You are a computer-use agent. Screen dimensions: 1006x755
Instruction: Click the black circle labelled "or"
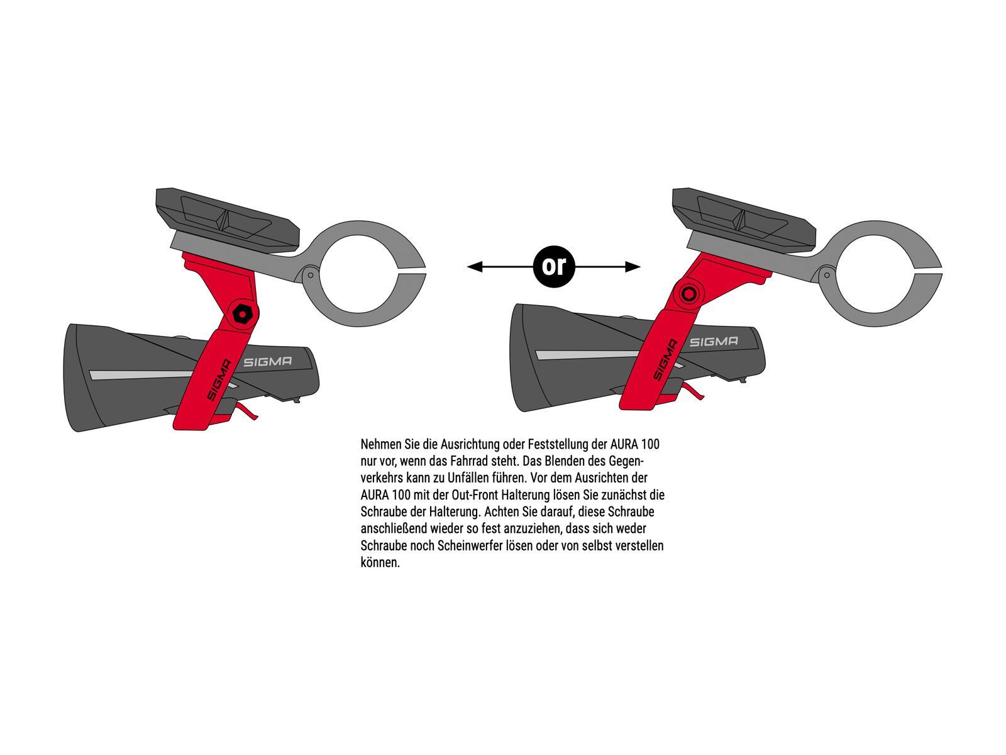[x=553, y=266]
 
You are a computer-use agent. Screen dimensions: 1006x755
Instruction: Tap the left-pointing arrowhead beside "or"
[x=475, y=266]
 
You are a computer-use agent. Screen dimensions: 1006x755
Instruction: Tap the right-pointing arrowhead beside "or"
[x=633, y=266]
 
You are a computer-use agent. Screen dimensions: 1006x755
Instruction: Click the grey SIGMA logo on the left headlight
[x=267, y=362]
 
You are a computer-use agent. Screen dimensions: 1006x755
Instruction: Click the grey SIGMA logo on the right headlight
[x=714, y=342]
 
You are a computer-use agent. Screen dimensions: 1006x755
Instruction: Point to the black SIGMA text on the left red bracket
[x=218, y=380]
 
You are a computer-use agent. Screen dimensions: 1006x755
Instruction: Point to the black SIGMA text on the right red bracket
[x=665, y=360]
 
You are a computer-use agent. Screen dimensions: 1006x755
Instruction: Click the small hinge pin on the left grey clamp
[x=311, y=276]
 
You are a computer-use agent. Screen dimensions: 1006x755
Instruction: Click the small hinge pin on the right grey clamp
[x=827, y=276]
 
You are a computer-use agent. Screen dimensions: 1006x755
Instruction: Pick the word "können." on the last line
[x=380, y=563]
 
